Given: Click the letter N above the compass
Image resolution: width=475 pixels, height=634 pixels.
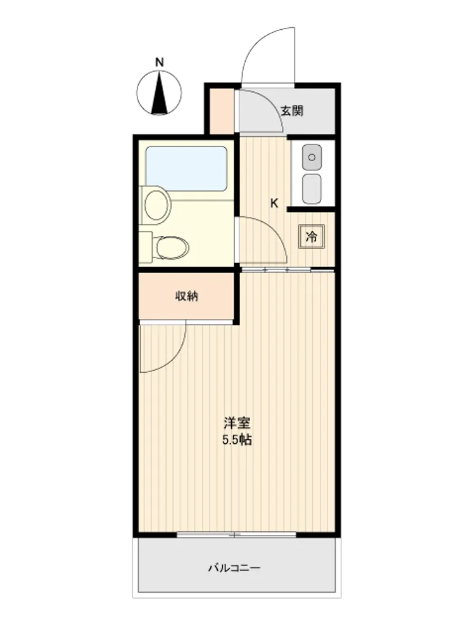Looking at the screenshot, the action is click(x=160, y=63).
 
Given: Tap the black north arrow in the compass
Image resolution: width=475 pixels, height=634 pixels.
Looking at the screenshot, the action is click(x=160, y=93).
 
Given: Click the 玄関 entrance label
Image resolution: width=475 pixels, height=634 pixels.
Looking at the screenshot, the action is click(x=292, y=110).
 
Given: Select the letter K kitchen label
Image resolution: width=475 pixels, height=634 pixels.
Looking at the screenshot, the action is click(x=274, y=204).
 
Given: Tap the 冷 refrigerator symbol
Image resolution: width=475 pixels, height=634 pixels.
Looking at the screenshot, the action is click(x=312, y=236).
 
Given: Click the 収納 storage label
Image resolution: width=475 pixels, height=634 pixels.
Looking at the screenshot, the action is click(x=187, y=296).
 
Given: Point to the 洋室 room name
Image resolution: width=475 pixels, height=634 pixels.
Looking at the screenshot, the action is click(x=237, y=424).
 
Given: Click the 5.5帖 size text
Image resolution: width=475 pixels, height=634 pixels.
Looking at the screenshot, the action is click(x=237, y=440).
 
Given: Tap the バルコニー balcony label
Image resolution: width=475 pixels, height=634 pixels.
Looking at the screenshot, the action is click(x=234, y=568).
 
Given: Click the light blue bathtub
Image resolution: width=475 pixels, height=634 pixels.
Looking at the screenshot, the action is click(x=186, y=169).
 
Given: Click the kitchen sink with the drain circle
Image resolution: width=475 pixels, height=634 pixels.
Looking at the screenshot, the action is click(x=312, y=157).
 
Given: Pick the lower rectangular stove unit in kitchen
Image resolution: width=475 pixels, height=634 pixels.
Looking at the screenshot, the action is click(x=312, y=189).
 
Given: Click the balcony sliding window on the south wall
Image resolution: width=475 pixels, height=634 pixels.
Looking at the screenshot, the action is click(x=237, y=535).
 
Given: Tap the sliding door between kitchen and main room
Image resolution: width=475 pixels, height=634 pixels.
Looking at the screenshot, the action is click(x=288, y=269).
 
